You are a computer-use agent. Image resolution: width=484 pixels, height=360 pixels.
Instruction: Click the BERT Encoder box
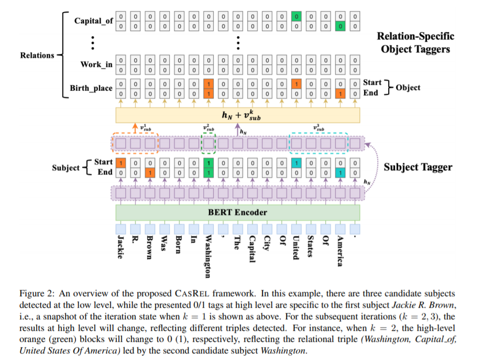click(x=238, y=212)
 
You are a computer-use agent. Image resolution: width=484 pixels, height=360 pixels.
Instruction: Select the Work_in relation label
click(x=96, y=64)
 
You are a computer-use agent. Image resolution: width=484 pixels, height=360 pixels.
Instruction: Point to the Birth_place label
click(x=91, y=88)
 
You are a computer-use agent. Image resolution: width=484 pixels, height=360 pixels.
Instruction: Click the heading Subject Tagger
click(x=417, y=167)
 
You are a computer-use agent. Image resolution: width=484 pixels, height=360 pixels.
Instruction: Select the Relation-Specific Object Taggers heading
click(x=415, y=42)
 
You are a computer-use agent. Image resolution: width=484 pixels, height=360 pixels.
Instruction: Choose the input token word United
click(x=296, y=247)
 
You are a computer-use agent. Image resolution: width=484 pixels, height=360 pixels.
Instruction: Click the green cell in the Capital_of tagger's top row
click(x=296, y=17)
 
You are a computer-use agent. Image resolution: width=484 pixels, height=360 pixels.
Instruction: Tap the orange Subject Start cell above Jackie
click(x=120, y=162)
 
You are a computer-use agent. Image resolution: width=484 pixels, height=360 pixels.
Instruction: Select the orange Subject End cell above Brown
click(x=150, y=172)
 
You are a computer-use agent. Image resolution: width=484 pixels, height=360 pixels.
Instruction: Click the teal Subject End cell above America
click(x=340, y=172)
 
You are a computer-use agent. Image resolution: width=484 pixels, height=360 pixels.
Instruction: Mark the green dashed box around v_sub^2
click(x=208, y=142)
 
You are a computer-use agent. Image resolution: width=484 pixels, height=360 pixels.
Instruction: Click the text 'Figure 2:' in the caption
click(x=34, y=294)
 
